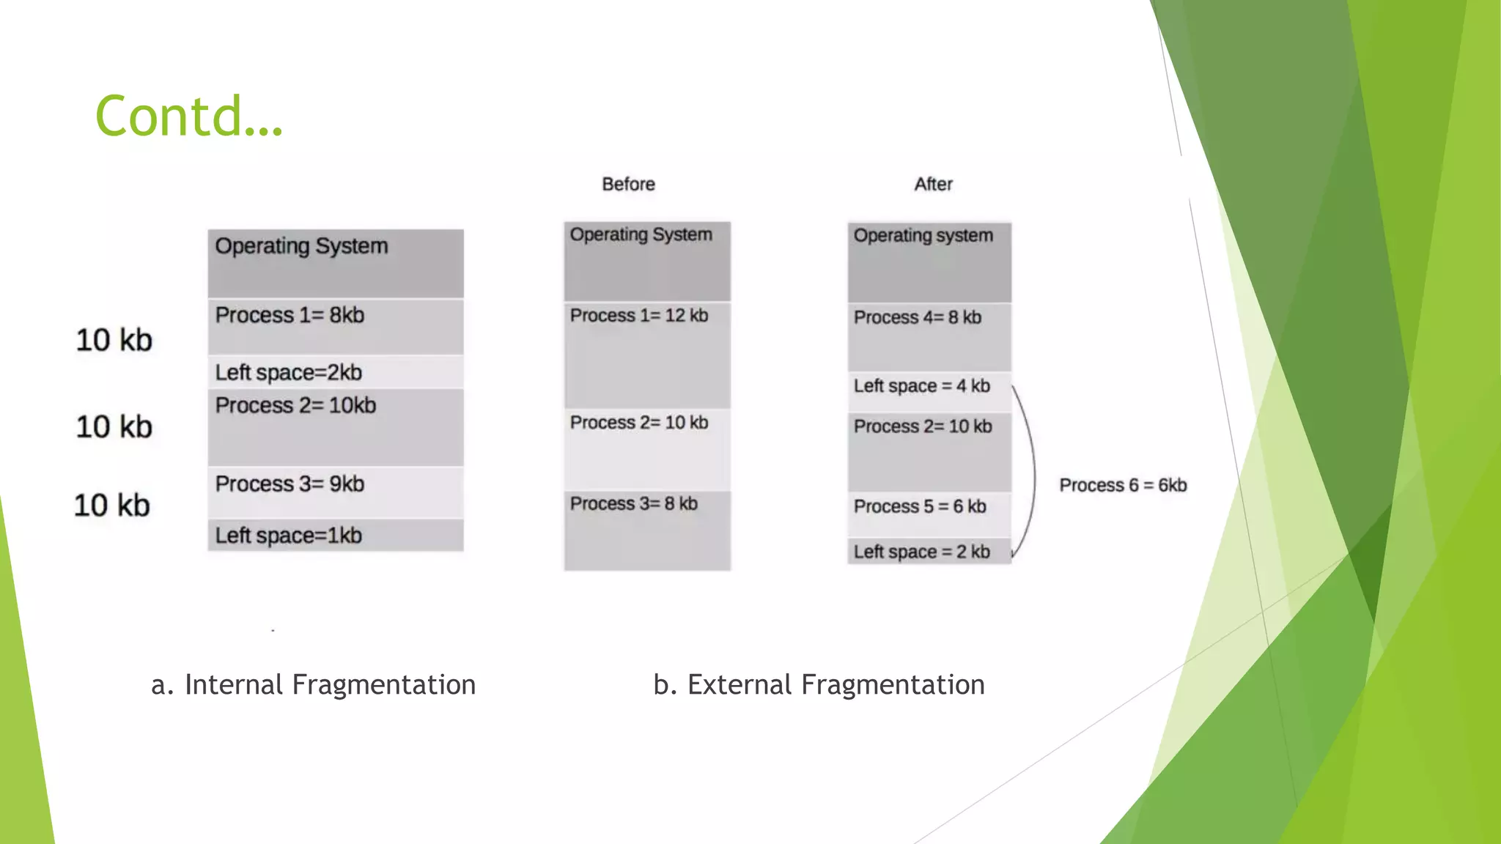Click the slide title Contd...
(x=188, y=116)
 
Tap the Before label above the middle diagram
(x=628, y=184)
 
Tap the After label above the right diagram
(x=933, y=184)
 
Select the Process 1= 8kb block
(x=335, y=327)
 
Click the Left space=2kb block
(x=335, y=372)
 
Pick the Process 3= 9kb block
(x=335, y=492)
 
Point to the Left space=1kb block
(x=335, y=536)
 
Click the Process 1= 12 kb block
(x=646, y=355)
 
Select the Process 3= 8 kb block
(x=646, y=530)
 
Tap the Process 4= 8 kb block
(x=929, y=337)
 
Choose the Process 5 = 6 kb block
(x=929, y=513)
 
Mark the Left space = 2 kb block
(x=929, y=551)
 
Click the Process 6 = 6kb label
(x=1122, y=485)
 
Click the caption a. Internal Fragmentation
(x=313, y=684)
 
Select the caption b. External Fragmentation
(x=819, y=684)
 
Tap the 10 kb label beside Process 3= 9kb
(x=112, y=506)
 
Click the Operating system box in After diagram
(x=929, y=262)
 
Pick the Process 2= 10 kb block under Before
(x=646, y=449)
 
